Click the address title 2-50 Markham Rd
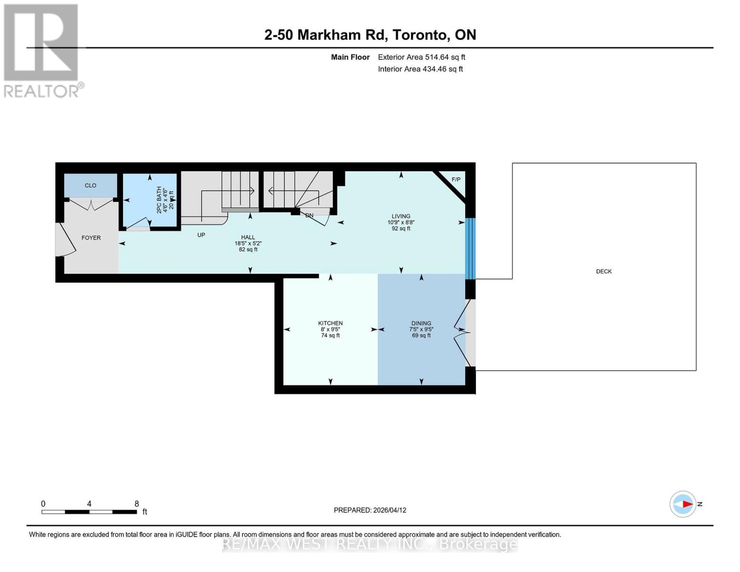370,35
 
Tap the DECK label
604,271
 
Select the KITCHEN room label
330,323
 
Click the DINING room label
421,323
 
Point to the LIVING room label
401,216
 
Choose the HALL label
248,237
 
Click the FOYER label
91,238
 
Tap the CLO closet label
91,185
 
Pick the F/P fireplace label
456,180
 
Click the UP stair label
201,235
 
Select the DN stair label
309,215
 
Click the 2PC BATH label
159,200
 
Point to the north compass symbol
683,504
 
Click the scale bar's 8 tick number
137,504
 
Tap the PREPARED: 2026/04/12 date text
370,510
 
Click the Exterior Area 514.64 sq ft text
421,57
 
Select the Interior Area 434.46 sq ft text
420,69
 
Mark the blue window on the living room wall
470,248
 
